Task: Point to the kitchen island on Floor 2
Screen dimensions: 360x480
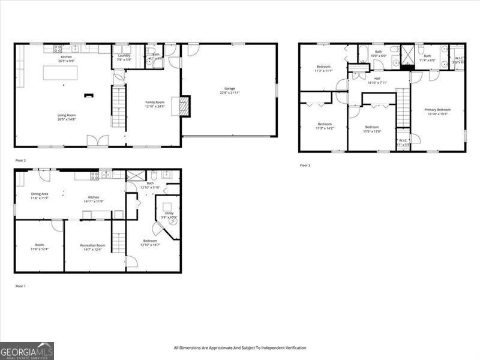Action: click(60, 73)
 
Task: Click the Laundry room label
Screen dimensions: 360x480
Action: click(124, 57)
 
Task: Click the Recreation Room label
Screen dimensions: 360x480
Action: click(92, 247)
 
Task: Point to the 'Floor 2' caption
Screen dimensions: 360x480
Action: click(21, 161)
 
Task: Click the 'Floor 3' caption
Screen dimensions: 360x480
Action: click(305, 165)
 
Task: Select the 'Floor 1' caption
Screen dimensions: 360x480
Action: click(21, 286)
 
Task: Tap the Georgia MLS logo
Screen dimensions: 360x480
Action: click(27, 350)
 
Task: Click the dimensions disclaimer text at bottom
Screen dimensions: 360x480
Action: click(240, 348)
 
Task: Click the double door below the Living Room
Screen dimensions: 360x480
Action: click(97, 141)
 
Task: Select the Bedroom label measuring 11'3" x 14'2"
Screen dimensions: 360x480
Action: click(324, 126)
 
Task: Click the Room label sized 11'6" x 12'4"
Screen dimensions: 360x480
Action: click(39, 247)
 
